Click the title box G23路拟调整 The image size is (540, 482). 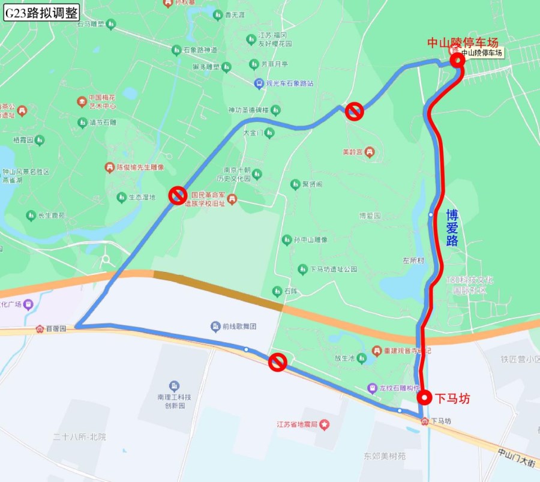click(x=41, y=13)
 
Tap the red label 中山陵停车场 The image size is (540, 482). click(x=463, y=43)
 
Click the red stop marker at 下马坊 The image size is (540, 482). click(x=425, y=397)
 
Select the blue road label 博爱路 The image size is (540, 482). click(x=452, y=227)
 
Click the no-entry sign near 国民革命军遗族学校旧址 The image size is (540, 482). click(x=178, y=195)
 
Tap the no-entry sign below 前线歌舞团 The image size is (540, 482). click(x=277, y=362)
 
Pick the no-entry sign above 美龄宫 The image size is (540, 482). click(x=355, y=111)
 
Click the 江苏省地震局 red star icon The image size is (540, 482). click(x=325, y=425)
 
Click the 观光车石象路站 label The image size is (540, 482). click(x=290, y=83)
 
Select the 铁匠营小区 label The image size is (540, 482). click(x=520, y=360)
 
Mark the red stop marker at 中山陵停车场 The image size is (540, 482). click(x=457, y=59)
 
